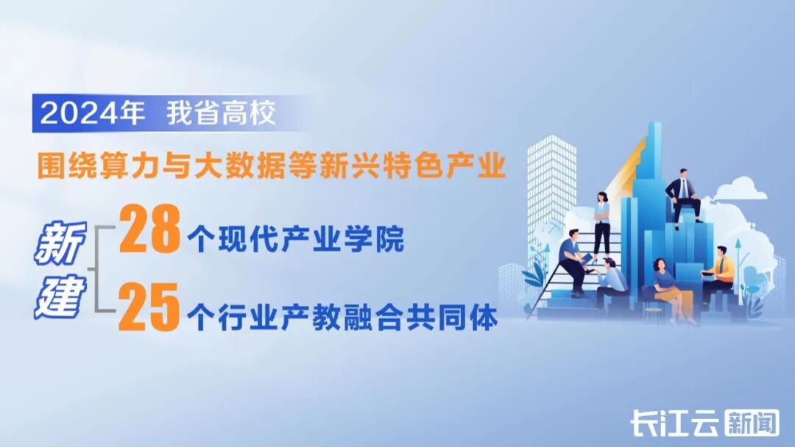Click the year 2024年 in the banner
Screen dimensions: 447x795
pos(93,115)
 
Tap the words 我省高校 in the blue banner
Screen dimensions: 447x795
pos(221,115)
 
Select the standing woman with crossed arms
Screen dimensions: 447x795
pos(602,221)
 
